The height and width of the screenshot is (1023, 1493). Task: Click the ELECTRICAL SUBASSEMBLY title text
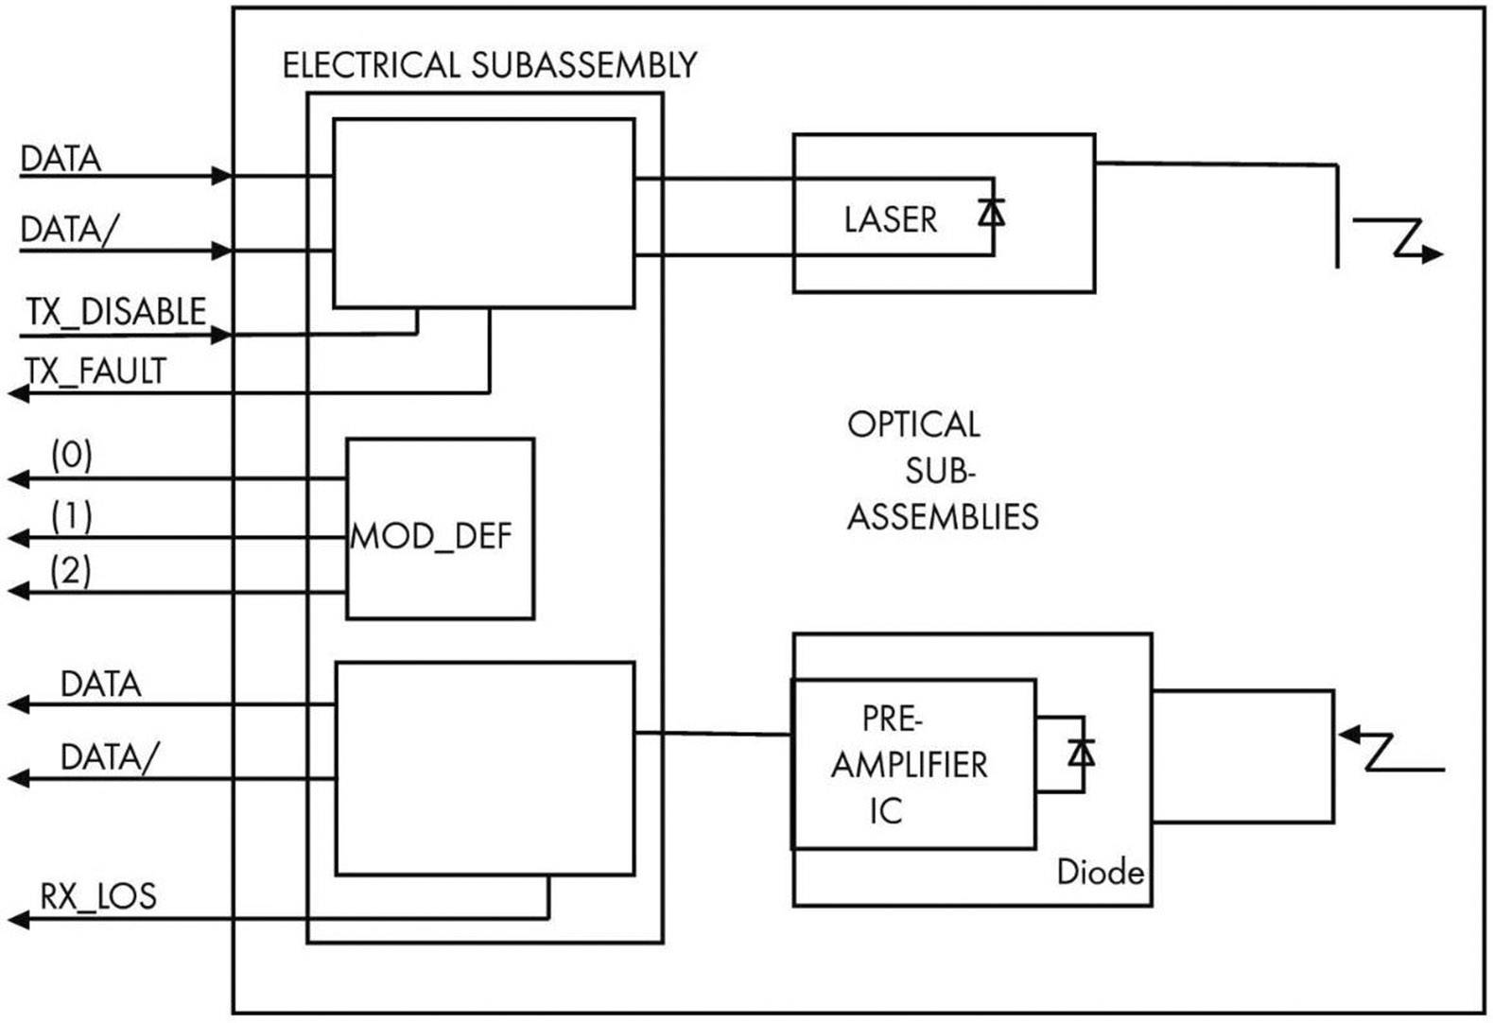(489, 65)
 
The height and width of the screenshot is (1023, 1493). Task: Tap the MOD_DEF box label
(431, 536)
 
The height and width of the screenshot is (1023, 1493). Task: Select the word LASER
(890, 219)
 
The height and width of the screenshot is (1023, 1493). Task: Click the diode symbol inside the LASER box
(991, 213)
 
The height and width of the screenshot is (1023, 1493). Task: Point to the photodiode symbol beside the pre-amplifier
(1081, 753)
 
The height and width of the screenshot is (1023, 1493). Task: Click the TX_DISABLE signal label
(115, 312)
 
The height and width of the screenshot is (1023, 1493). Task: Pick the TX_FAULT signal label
(95, 371)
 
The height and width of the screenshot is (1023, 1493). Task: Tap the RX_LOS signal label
(97, 895)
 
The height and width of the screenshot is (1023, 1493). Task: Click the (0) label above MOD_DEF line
(72, 456)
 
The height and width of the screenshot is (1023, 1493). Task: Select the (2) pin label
(71, 570)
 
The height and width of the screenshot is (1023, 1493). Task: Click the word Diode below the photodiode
(1100, 871)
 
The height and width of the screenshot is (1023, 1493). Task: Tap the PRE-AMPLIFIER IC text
(909, 764)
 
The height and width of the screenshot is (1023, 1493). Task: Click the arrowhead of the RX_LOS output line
(18, 918)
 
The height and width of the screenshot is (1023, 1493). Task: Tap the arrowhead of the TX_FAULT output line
(18, 392)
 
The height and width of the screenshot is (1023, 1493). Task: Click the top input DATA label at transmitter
(61, 159)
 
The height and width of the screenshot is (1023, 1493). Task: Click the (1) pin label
(72, 515)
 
